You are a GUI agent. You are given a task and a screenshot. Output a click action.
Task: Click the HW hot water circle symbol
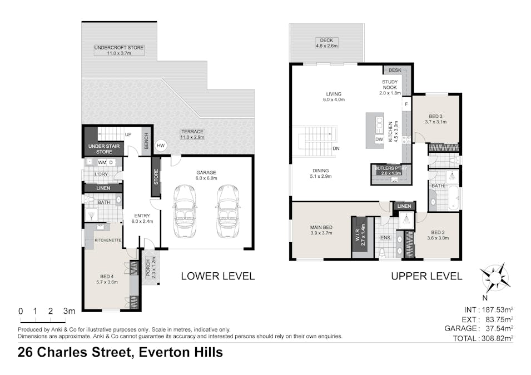click(161, 146)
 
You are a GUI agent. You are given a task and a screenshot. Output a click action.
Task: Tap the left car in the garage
click(185, 211)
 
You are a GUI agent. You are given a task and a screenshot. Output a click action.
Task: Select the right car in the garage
click(227, 211)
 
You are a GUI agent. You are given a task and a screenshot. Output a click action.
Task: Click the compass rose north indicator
click(494, 276)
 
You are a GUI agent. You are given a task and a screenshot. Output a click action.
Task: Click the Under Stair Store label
click(101, 148)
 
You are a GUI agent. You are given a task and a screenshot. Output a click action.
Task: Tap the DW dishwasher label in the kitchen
click(380, 140)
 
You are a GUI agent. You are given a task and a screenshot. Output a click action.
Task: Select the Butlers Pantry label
click(391, 170)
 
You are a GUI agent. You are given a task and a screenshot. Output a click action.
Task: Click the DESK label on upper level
click(395, 71)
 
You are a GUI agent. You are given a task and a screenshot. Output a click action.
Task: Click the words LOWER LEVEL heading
click(217, 276)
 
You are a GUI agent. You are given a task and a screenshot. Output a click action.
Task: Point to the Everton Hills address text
click(181, 352)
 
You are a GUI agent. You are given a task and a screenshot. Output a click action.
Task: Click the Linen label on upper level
click(404, 206)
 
